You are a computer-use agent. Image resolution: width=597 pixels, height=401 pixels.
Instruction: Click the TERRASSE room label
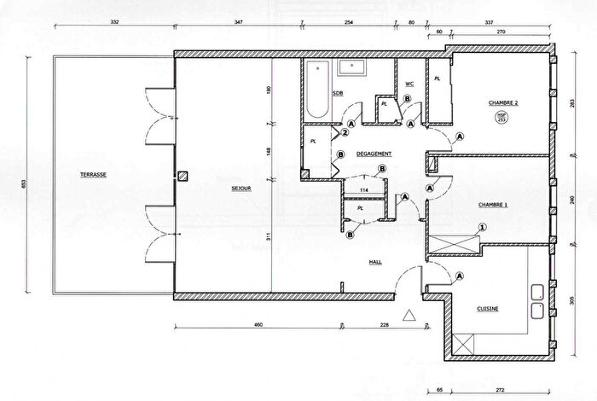pyautogui.click(x=94, y=174)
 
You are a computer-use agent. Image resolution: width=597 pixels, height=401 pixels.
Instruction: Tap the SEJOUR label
pyautogui.click(x=241, y=189)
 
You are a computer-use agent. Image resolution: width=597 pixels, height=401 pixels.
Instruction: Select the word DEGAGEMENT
pyautogui.click(x=374, y=154)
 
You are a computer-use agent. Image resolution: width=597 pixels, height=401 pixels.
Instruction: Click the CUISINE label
pyautogui.click(x=488, y=309)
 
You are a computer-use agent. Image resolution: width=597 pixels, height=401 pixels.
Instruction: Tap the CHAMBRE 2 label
pyautogui.click(x=503, y=102)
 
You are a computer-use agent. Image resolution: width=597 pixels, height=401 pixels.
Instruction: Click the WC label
pyautogui.click(x=409, y=84)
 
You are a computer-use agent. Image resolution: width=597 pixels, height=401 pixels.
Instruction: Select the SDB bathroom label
pyautogui.click(x=338, y=93)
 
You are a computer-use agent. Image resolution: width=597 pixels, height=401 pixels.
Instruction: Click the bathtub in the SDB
pyautogui.click(x=318, y=90)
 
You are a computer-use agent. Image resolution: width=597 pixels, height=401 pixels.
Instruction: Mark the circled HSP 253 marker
pyautogui.click(x=503, y=119)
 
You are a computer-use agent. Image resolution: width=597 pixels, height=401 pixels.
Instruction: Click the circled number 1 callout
pyautogui.click(x=482, y=227)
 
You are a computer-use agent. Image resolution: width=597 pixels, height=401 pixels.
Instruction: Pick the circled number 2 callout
pyautogui.click(x=345, y=132)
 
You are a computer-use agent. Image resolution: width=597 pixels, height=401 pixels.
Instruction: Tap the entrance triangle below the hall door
pyautogui.click(x=409, y=315)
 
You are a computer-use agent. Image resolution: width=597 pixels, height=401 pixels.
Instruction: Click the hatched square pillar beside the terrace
pyautogui.click(x=181, y=177)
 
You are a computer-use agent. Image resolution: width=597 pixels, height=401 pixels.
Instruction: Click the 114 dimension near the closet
pyautogui.click(x=363, y=190)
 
